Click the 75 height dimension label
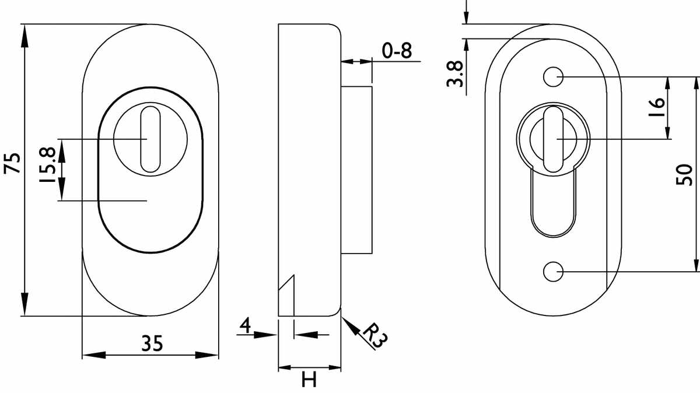tap(12, 163)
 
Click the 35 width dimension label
tap(152, 343)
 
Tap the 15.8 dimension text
tap(47, 166)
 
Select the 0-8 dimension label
tap(397, 50)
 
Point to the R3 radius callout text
tap(376, 336)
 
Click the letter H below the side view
tap(309, 379)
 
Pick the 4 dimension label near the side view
tap(246, 325)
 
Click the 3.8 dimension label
tap(454, 73)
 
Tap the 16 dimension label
tap(656, 107)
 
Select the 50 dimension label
tap(684, 175)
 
